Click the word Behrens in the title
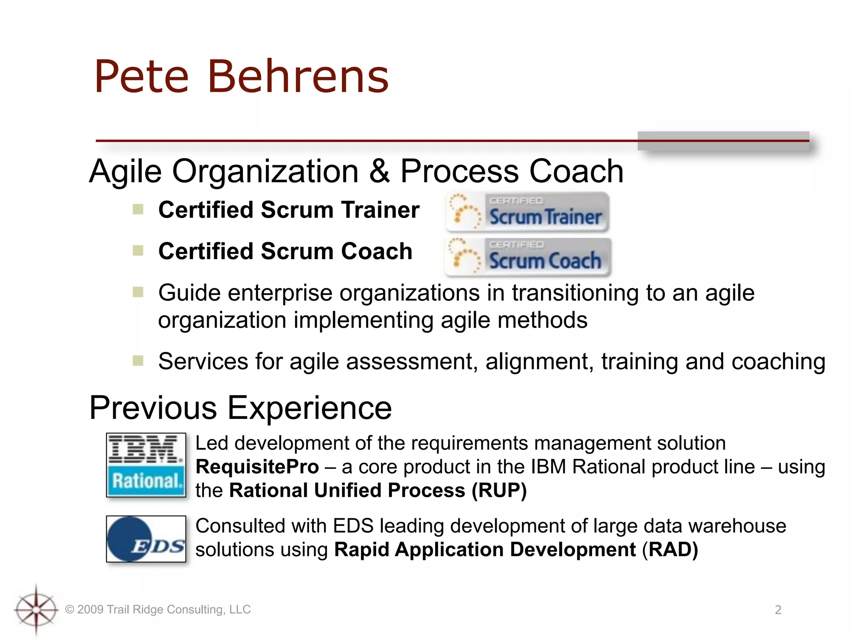coord(298,77)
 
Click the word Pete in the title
coord(142,77)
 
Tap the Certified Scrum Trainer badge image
coord(528,212)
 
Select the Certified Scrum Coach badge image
coord(528,257)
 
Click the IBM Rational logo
coord(146,465)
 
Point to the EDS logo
coord(146,539)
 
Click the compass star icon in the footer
coord(36,609)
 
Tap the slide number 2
coord(778,610)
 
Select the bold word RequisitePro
coord(257,467)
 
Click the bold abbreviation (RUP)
coord(499,490)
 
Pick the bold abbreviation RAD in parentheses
coord(670,550)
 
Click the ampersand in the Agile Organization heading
coord(379,171)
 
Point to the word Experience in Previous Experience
coord(310,408)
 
